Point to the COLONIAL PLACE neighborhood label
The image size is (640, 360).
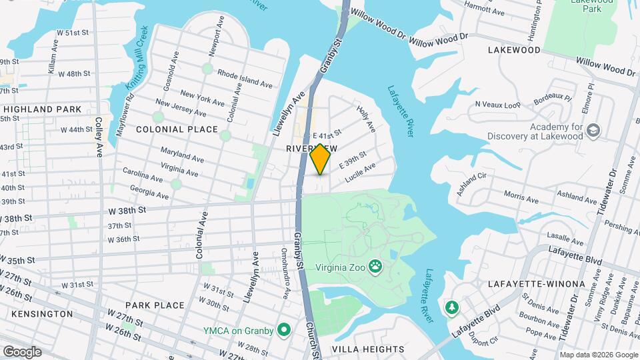click(177, 129)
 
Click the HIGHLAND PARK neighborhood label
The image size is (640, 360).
click(41, 109)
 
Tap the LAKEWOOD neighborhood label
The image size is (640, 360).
click(514, 50)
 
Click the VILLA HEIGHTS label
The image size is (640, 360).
click(368, 349)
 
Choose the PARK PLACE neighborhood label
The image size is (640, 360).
click(154, 305)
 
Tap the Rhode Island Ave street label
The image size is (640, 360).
click(245, 79)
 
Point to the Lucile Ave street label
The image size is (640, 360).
click(361, 173)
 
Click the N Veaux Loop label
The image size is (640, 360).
click(497, 105)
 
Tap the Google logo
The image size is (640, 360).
click(22, 351)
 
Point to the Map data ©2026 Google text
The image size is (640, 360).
click(598, 355)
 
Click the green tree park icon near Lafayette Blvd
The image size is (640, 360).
click(452, 307)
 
